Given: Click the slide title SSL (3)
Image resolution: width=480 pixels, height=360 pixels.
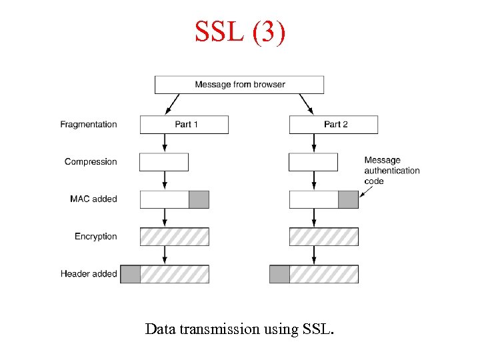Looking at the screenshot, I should point(240,31).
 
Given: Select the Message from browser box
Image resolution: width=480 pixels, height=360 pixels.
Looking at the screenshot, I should point(239,85).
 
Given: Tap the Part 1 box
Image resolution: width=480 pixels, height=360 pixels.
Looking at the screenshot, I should point(184,125).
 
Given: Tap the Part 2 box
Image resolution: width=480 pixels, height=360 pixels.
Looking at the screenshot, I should point(333,125).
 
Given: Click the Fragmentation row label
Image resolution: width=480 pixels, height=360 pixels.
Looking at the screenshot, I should point(88,125).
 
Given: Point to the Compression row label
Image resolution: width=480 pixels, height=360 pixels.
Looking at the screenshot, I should point(91,162).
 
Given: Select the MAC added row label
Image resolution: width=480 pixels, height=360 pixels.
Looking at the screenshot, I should point(93,199).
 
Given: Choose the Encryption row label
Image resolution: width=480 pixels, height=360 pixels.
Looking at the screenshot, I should point(95,237).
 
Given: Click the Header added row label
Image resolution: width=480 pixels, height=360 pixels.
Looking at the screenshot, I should point(89,274).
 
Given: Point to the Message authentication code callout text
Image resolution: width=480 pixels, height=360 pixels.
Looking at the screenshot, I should point(391,171).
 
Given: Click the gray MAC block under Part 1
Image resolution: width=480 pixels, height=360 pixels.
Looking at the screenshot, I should point(199,199).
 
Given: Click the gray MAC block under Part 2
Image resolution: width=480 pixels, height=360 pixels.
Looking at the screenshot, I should point(348,199).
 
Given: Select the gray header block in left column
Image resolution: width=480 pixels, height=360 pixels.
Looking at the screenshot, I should point(130,274).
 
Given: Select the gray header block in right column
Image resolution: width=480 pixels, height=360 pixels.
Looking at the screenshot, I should point(279,274).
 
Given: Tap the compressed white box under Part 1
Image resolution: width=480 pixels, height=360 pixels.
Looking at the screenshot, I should point(164,162).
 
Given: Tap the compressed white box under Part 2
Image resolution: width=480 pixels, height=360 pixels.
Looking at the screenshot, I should point(313,162).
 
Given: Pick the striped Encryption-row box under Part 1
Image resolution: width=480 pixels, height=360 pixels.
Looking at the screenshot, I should point(174,237).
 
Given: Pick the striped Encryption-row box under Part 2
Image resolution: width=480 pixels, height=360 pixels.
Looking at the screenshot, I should point(323,237).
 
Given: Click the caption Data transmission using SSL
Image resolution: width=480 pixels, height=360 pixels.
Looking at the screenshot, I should point(239,329).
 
